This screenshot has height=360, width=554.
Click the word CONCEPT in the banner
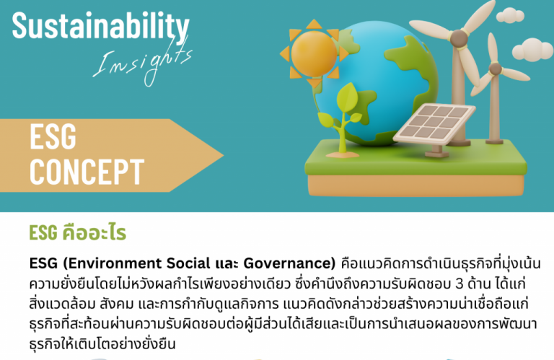coord(86,172)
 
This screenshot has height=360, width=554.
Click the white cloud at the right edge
coord(536,50)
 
